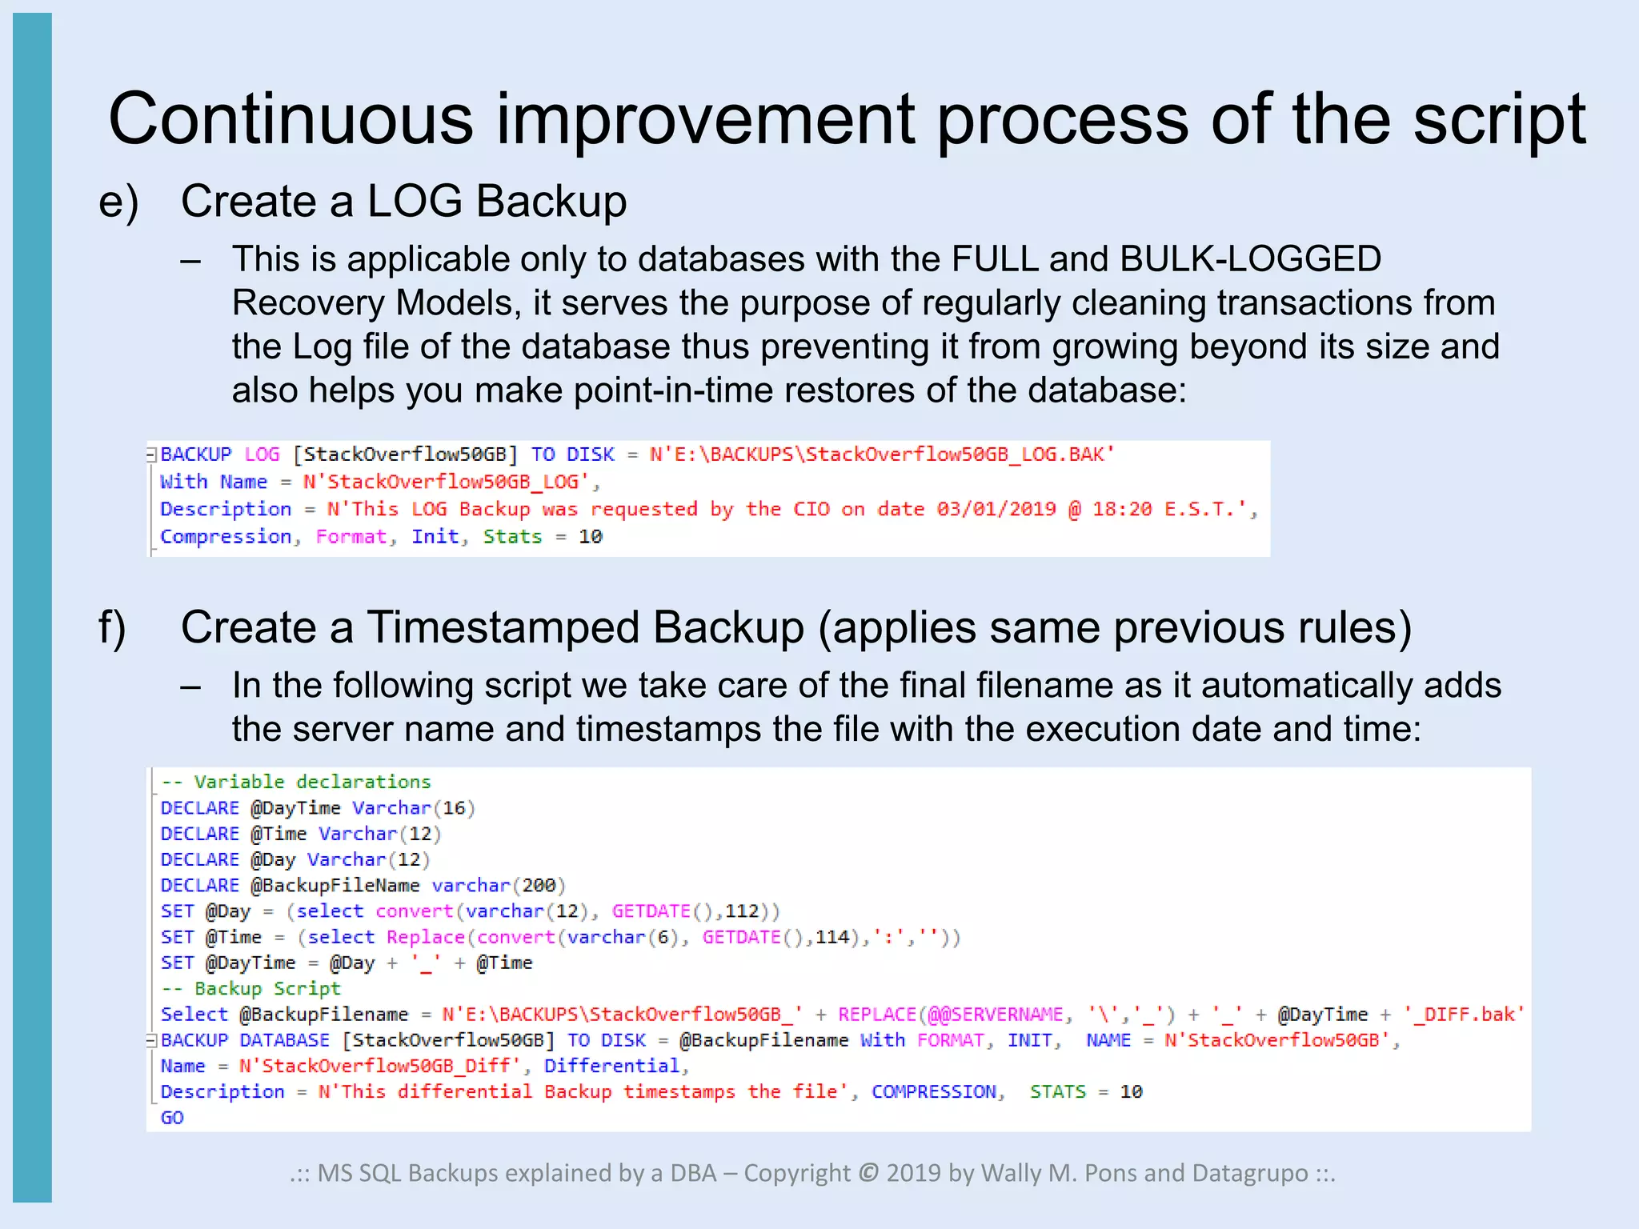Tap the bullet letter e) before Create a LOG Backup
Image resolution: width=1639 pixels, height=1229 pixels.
tap(118, 202)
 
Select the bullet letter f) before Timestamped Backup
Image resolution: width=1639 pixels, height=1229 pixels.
tap(112, 628)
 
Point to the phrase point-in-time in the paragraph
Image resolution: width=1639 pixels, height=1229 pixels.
tap(674, 391)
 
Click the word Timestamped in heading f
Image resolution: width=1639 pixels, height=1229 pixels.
tap(504, 628)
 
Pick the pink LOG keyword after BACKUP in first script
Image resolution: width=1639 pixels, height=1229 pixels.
tap(262, 454)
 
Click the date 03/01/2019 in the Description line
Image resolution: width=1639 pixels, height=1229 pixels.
tap(996, 510)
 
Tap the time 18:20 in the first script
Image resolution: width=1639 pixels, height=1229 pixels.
tap(1122, 510)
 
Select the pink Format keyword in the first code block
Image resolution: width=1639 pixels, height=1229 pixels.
tap(351, 537)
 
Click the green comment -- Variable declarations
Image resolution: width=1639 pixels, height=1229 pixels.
tap(296, 782)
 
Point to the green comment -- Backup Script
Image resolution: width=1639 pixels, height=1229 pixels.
tap(251, 989)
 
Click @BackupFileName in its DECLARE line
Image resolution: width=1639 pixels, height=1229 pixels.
tap(335, 886)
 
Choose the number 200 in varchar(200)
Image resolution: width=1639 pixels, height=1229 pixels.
tap(539, 886)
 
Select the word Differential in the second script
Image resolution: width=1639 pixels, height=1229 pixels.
tap(611, 1067)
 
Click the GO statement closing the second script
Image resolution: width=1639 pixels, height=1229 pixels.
tap(172, 1118)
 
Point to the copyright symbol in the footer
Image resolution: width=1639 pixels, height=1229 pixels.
tap(868, 1174)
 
